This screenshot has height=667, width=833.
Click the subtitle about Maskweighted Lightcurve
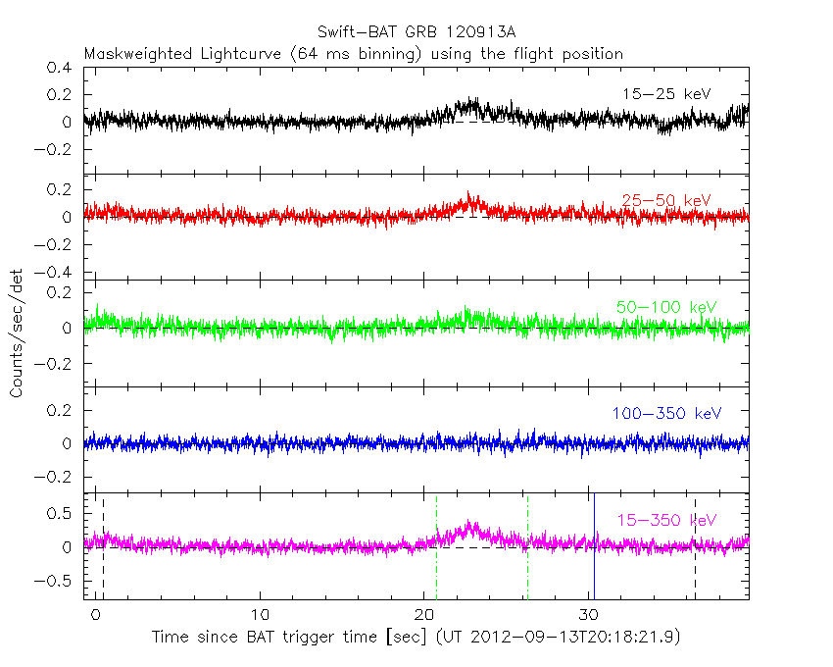[x=353, y=54]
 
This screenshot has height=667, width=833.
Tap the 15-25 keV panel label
[x=665, y=94]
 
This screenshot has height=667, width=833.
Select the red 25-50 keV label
[x=665, y=200]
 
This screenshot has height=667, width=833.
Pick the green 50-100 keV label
[x=665, y=307]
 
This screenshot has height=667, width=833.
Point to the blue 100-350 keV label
[x=665, y=414]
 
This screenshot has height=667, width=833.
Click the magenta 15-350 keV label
[x=665, y=520]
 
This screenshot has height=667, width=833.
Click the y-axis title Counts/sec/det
[x=16, y=333]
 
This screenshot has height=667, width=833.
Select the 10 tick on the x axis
[x=261, y=615]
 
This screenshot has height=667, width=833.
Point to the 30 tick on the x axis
[x=589, y=615]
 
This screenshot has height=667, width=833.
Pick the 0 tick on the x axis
[x=96, y=615]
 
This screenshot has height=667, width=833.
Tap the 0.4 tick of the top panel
[x=62, y=69]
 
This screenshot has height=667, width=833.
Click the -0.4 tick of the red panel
[x=57, y=272]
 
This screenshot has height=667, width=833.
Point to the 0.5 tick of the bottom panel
[x=62, y=513]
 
